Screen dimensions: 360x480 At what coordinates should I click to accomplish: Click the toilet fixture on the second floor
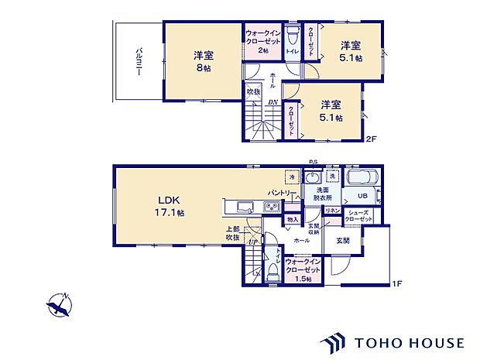click(292, 36)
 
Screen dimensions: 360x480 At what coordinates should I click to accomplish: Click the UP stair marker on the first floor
click(252, 242)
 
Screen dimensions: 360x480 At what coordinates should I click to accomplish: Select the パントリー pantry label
click(279, 191)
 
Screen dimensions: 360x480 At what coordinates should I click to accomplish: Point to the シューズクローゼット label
click(361, 216)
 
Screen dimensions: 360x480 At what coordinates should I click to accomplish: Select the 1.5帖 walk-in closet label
click(303, 270)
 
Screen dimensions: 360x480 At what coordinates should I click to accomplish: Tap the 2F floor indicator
click(372, 139)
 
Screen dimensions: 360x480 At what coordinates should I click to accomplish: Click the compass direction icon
click(60, 307)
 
